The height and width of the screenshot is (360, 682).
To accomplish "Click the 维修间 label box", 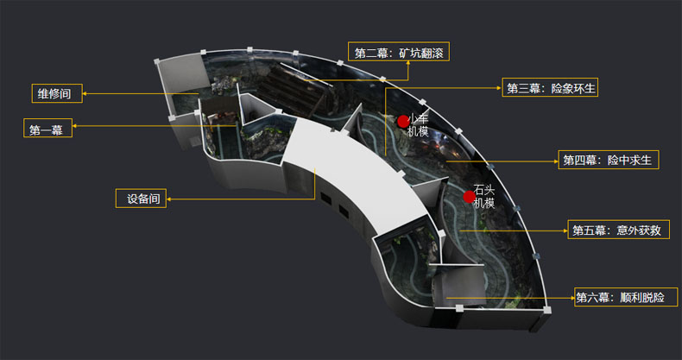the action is pos(57,93).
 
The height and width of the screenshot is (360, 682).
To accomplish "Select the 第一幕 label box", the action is pos(47,128).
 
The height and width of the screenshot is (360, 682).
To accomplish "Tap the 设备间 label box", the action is pos(141,199).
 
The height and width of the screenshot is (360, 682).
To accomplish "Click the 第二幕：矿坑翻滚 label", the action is pos(399,51).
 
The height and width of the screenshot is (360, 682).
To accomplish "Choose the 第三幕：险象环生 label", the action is pos(550,87).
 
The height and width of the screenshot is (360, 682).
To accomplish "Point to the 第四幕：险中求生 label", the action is pos(609,160).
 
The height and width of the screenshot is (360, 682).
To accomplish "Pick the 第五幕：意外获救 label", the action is pos(618,229).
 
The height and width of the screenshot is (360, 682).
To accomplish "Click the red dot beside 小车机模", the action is pos(403,122).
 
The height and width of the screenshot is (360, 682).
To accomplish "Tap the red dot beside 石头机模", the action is pos(469,197).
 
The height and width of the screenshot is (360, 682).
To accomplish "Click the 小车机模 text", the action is pos(419,125).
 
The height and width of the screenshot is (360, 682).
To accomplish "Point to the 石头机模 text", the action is pos(484,197).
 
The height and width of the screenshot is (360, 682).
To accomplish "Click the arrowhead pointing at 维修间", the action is pos(85,93).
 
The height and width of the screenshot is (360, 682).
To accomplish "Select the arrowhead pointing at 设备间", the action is pos(168,199).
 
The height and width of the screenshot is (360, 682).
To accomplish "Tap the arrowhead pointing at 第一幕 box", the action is pos(75,126).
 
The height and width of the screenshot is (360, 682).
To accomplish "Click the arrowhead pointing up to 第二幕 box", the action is pos(408,63).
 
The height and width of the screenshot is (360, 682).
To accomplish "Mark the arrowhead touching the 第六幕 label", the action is pos(572,298).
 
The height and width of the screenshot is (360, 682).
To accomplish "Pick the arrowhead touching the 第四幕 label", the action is pos(556,161).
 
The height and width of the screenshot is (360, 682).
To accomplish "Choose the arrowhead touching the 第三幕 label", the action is pos(500,88).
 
